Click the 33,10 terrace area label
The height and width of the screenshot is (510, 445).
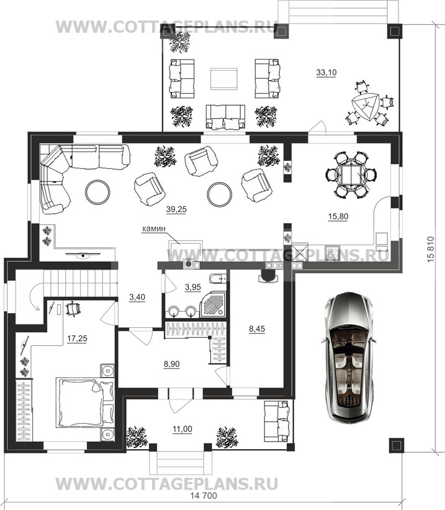tap(326, 73)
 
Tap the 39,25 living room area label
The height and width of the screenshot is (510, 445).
tap(176, 209)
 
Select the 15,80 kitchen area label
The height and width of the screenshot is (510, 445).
tap(338, 216)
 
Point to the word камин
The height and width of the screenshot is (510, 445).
tap(154, 229)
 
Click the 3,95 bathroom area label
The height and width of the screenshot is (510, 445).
tap(193, 287)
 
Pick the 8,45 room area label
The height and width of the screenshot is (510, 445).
tap(257, 329)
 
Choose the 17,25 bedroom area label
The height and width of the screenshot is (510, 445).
tap(77, 339)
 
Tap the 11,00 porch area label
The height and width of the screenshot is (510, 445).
tap(182, 429)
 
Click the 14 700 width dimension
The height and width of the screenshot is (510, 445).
tap(203, 496)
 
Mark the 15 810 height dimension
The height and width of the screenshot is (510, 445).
tap(430, 249)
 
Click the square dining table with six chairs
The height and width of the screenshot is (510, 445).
tap(351, 175)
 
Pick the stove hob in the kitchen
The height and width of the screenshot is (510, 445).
tap(332, 253)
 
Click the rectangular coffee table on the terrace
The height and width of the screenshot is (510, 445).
tap(223, 78)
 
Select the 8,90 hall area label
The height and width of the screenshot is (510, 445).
tap(172, 364)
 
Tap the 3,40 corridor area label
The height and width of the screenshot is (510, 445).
tap(137, 297)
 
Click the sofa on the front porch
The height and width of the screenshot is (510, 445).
tap(277, 421)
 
